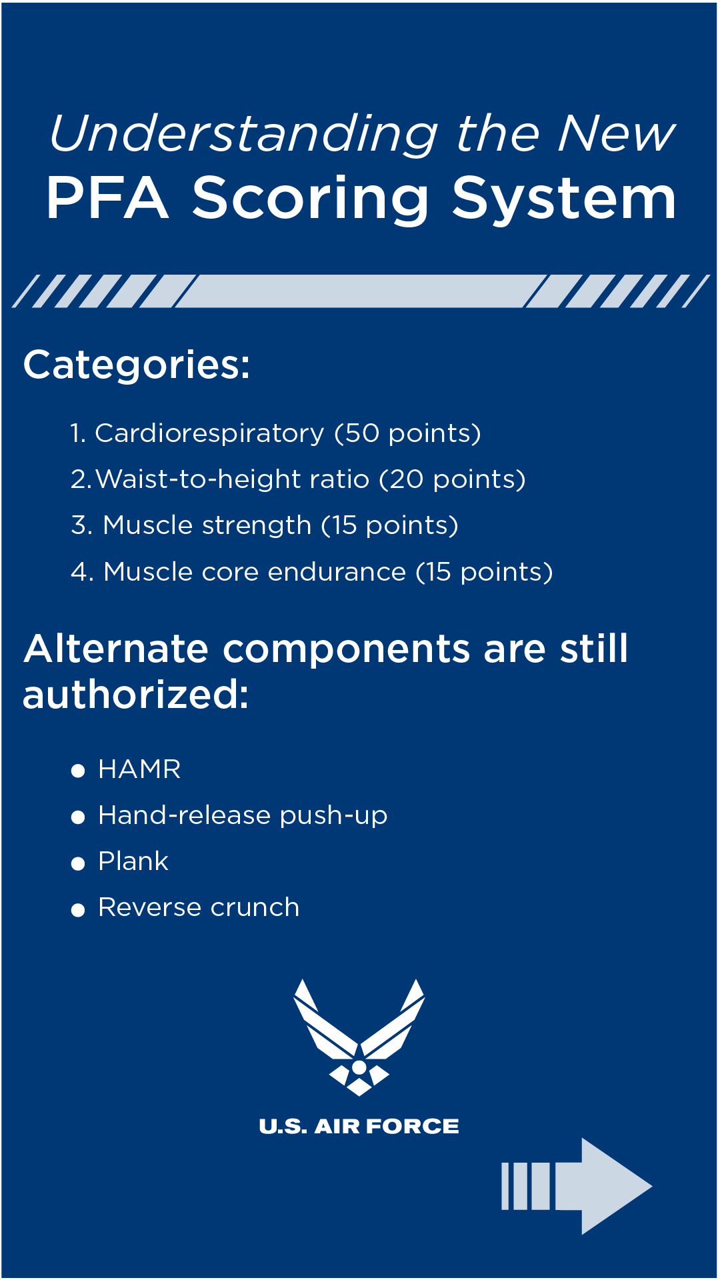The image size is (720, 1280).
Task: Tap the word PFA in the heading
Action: tap(107, 198)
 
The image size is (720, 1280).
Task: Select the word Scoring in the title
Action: tap(311, 198)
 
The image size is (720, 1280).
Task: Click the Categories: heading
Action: tap(137, 365)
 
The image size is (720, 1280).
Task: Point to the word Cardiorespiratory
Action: tap(209, 433)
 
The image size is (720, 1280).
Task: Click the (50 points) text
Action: tap(407, 433)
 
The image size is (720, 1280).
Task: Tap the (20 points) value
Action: tap(452, 479)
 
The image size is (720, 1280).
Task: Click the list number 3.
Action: tap(80, 525)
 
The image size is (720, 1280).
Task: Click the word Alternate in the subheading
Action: tap(116, 649)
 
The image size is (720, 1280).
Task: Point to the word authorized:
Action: tap(136, 695)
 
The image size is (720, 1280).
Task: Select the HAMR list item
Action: tap(139, 769)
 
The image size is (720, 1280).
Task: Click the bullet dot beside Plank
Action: tap(78, 863)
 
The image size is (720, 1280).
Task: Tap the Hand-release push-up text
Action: tap(243, 815)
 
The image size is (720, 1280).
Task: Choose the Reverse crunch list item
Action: tap(199, 907)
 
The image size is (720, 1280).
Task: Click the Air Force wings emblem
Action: tap(359, 1037)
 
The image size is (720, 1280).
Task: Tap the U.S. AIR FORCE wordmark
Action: tap(359, 1126)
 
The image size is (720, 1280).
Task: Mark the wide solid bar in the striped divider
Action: tap(360, 291)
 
